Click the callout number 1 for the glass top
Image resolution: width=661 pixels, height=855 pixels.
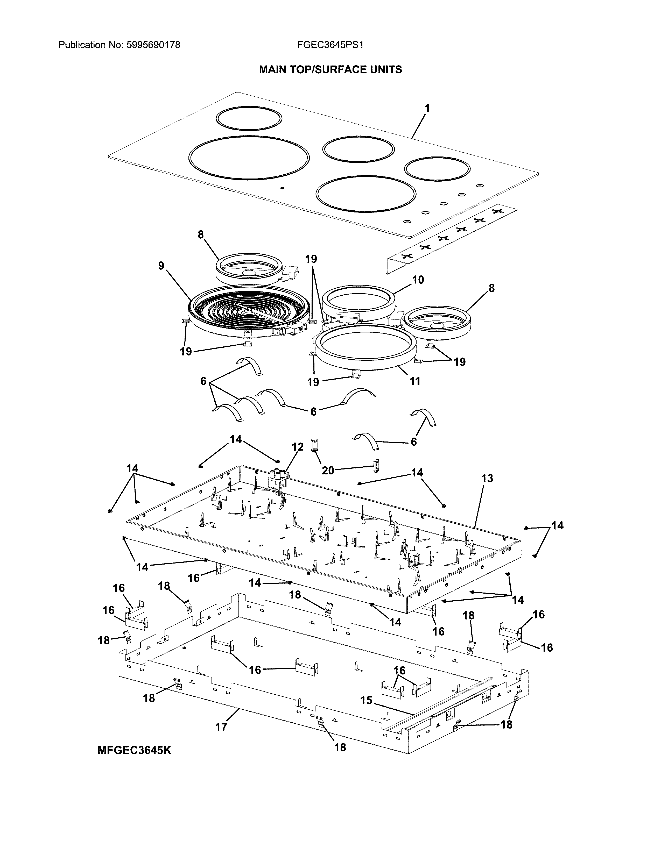pyautogui.click(x=427, y=108)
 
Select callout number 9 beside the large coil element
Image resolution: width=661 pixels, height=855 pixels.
pyautogui.click(x=161, y=266)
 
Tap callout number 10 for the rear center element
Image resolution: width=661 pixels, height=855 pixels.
pyautogui.click(x=418, y=280)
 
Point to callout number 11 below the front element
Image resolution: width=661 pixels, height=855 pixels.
pyautogui.click(x=415, y=381)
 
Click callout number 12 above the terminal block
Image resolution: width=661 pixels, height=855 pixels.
pyautogui.click(x=298, y=447)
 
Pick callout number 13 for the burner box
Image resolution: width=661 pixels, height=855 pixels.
pyautogui.click(x=487, y=478)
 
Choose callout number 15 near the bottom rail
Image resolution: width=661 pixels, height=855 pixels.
pyautogui.click(x=366, y=700)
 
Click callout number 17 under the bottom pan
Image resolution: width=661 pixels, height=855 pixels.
pyautogui.click(x=221, y=727)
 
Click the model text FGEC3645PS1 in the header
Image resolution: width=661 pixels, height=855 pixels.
pyautogui.click(x=330, y=45)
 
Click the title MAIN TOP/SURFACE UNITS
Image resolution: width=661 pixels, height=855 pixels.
pyautogui.click(x=330, y=70)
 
